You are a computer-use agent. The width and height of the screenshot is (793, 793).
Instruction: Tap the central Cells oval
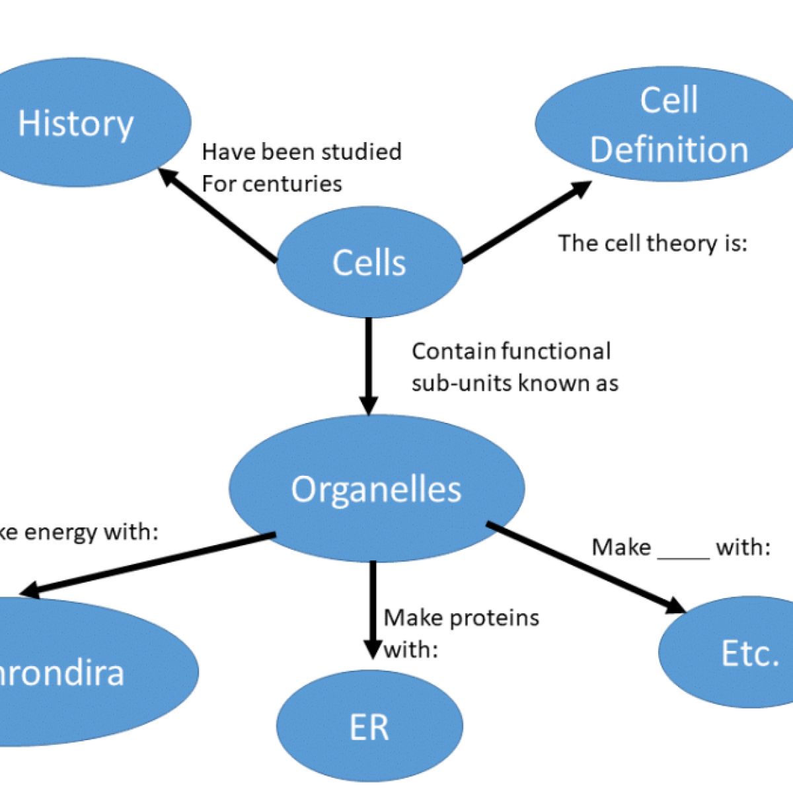point(369,262)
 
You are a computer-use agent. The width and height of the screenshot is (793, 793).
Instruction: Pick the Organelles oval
point(377,489)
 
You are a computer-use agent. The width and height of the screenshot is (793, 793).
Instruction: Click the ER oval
point(369,727)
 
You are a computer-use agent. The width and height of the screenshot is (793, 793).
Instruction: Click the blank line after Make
point(683,548)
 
